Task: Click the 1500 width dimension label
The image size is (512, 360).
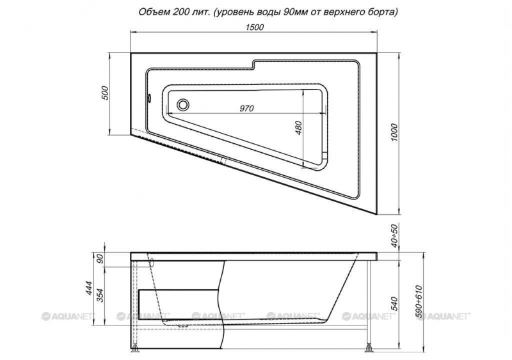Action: click(x=254, y=27)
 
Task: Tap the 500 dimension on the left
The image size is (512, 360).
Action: click(x=104, y=93)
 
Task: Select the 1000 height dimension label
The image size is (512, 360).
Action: click(x=394, y=132)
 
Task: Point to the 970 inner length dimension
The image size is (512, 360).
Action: click(x=246, y=108)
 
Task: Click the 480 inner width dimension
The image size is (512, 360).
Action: click(x=298, y=128)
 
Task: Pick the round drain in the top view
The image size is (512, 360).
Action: click(x=182, y=105)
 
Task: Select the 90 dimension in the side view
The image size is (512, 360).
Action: click(x=100, y=259)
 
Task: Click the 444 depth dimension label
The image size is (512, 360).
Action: click(x=92, y=288)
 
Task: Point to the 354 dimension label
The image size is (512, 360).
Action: click(x=101, y=295)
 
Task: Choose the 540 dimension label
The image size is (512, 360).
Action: click(x=394, y=304)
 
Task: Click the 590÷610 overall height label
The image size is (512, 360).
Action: click(x=419, y=303)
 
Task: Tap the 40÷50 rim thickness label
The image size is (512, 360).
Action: click(x=395, y=236)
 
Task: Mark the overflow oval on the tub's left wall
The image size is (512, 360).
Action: click(x=150, y=98)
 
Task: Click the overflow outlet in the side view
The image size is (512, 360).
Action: click(x=152, y=263)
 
